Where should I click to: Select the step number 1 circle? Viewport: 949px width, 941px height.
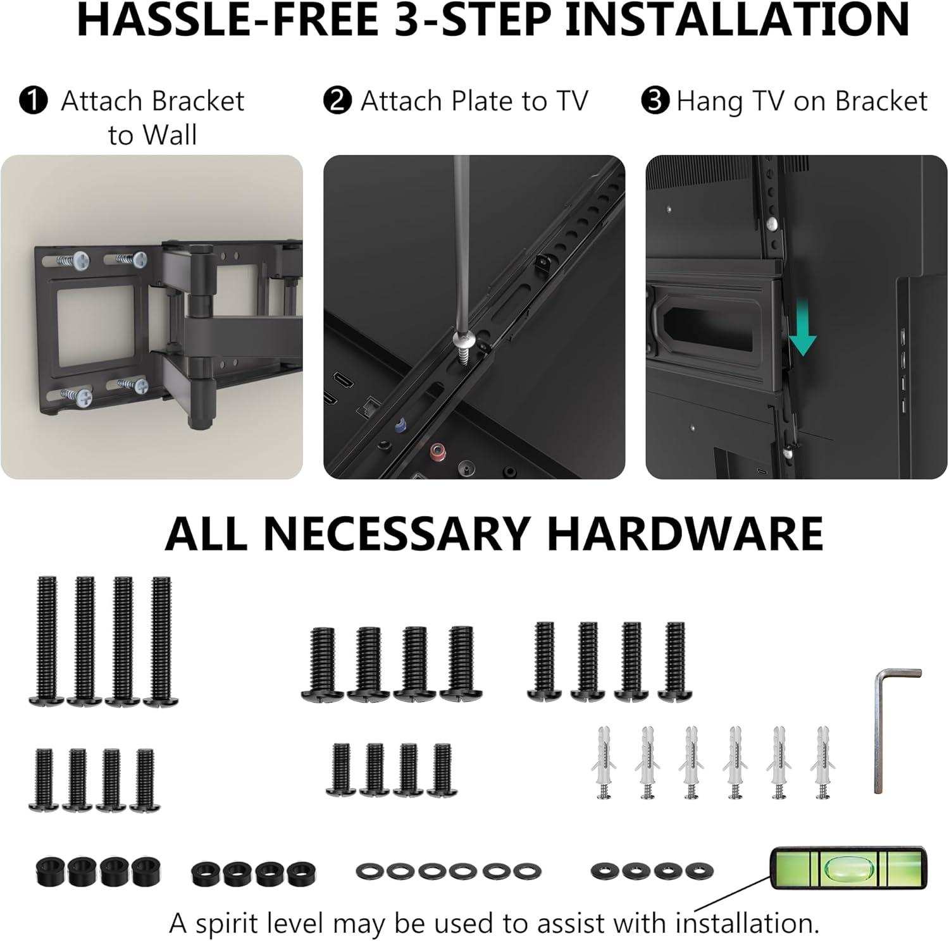tap(33, 101)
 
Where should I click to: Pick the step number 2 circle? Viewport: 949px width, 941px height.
tap(337, 101)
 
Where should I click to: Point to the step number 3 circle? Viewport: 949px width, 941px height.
tap(655, 101)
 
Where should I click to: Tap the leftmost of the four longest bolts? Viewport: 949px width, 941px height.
tap(46, 639)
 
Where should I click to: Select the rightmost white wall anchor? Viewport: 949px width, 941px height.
tap(823, 762)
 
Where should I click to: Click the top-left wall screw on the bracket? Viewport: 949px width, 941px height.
tap(82, 259)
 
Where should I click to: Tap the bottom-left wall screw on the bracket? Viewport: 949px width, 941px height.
tap(82, 397)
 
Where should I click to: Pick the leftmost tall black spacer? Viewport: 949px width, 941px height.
tap(48, 871)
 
